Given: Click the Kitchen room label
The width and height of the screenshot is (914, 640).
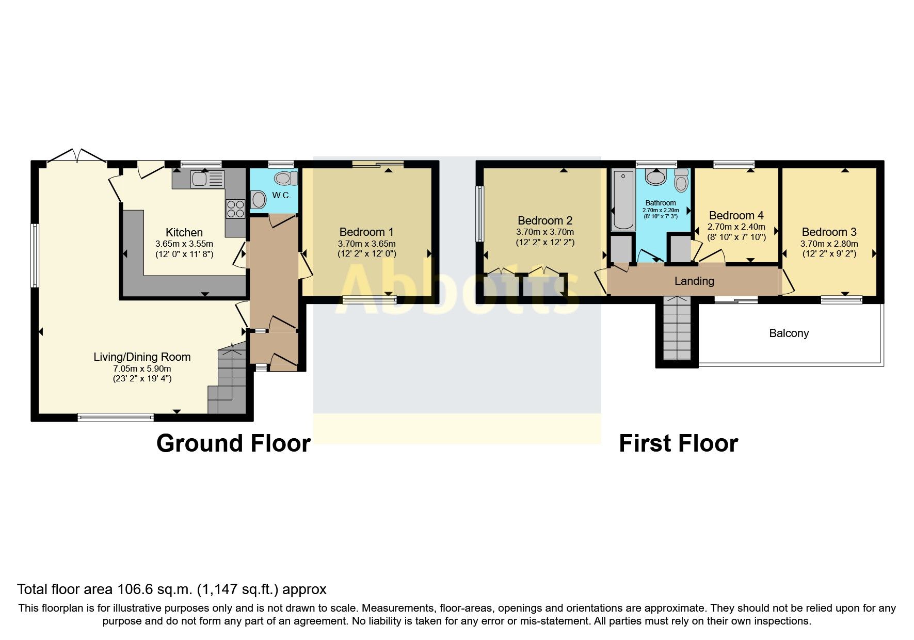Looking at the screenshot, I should click(184, 232).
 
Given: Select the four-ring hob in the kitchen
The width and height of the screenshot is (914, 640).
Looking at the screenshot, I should click(235, 209).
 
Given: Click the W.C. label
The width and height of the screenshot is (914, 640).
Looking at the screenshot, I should click(281, 196).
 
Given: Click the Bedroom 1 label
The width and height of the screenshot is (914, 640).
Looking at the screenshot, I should click(366, 232).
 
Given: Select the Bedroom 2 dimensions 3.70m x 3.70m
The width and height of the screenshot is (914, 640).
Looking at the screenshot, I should click(545, 232).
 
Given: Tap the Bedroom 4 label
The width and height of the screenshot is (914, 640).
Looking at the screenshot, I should click(736, 215).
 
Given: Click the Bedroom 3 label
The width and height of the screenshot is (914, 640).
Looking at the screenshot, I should click(829, 232).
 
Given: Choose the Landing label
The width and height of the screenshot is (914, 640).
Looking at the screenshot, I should click(694, 281).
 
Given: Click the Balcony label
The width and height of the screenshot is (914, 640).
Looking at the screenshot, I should click(789, 333).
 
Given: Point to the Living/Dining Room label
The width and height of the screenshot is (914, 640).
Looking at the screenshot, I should click(142, 357).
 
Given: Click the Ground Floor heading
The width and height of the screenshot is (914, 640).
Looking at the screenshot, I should click(233, 443).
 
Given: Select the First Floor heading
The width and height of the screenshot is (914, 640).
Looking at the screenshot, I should click(678, 443).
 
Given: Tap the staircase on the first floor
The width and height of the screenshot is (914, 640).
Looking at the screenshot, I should click(676, 328).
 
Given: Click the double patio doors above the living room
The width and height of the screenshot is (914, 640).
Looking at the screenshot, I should click(76, 156).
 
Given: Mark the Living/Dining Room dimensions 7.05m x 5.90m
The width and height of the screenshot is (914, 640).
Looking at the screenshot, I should click(142, 369).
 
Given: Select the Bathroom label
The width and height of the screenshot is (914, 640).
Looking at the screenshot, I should click(660, 203).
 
